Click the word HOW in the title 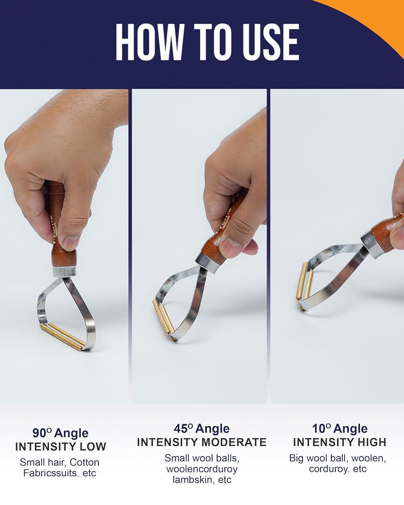(x=150, y=42)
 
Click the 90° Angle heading (x=60, y=433)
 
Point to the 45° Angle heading (x=202, y=429)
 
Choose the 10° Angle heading (x=340, y=429)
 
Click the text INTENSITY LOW (x=61, y=447)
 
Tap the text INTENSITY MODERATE (x=202, y=442)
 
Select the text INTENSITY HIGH (x=340, y=442)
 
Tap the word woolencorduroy (x=202, y=469)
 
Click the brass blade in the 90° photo (x=63, y=337)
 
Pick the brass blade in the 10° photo (x=304, y=285)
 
